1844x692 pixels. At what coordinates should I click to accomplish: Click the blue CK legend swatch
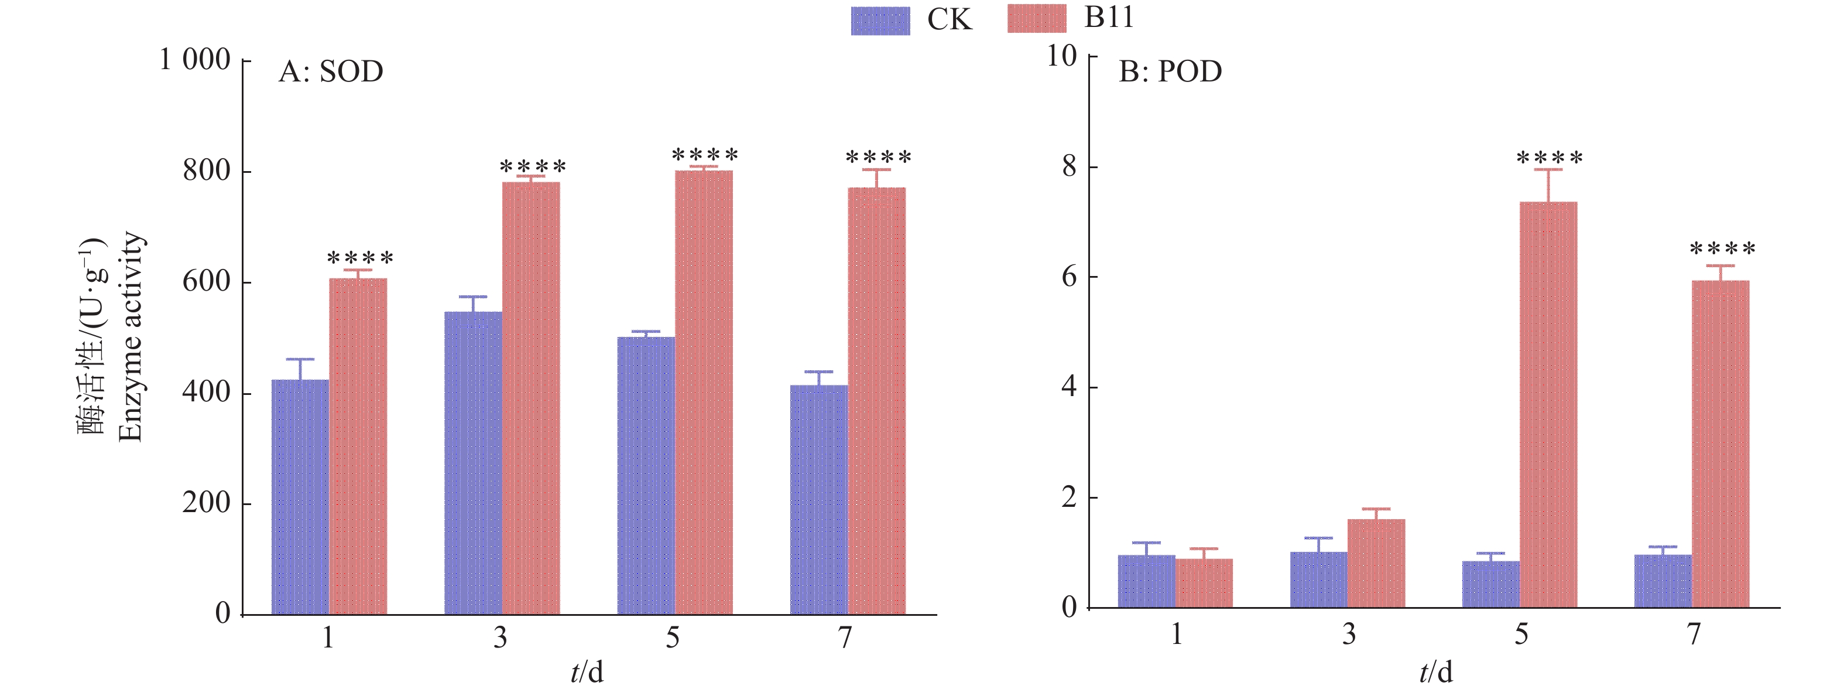(880, 20)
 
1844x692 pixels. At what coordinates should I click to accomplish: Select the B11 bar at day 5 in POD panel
(1548, 405)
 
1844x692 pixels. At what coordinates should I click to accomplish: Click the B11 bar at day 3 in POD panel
(1376, 563)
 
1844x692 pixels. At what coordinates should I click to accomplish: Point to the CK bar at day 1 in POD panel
(1146, 581)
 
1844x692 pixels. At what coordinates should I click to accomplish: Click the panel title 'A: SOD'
(331, 71)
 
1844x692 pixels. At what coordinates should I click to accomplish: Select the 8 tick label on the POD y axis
(1069, 166)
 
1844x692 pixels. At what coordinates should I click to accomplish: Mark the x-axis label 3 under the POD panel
(1349, 634)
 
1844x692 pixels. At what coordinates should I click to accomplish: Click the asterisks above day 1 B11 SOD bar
(360, 257)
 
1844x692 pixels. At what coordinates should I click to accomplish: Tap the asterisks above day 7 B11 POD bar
(1722, 248)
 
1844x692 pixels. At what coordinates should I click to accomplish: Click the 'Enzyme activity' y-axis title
(131, 337)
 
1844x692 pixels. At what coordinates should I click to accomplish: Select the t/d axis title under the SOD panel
(587, 672)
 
